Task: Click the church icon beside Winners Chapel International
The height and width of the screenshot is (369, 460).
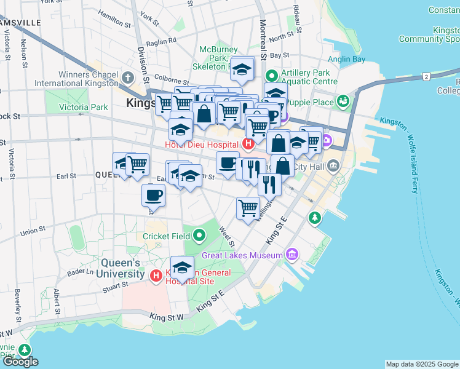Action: [x=128, y=77]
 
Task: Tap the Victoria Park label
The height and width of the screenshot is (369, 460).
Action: [x=83, y=107]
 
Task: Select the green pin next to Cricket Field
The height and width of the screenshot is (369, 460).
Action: [x=199, y=236]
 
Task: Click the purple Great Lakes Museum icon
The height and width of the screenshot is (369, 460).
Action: [x=291, y=255]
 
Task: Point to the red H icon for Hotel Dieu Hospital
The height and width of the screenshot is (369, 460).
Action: [x=248, y=145]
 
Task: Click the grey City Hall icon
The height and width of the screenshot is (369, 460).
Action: [x=333, y=165]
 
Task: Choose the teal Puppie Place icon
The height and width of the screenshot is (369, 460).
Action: [x=343, y=101]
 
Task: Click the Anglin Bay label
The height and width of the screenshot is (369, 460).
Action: [x=347, y=60]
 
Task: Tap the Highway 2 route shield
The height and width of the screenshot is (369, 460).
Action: [x=426, y=76]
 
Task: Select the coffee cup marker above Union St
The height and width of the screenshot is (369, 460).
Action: [x=153, y=196]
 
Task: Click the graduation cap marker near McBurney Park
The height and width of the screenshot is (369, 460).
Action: [x=242, y=69]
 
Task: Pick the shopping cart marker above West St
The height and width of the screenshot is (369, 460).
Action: [x=248, y=208]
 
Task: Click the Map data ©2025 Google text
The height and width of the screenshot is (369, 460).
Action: [x=422, y=364]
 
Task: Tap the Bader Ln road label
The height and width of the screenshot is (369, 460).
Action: [x=81, y=271]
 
